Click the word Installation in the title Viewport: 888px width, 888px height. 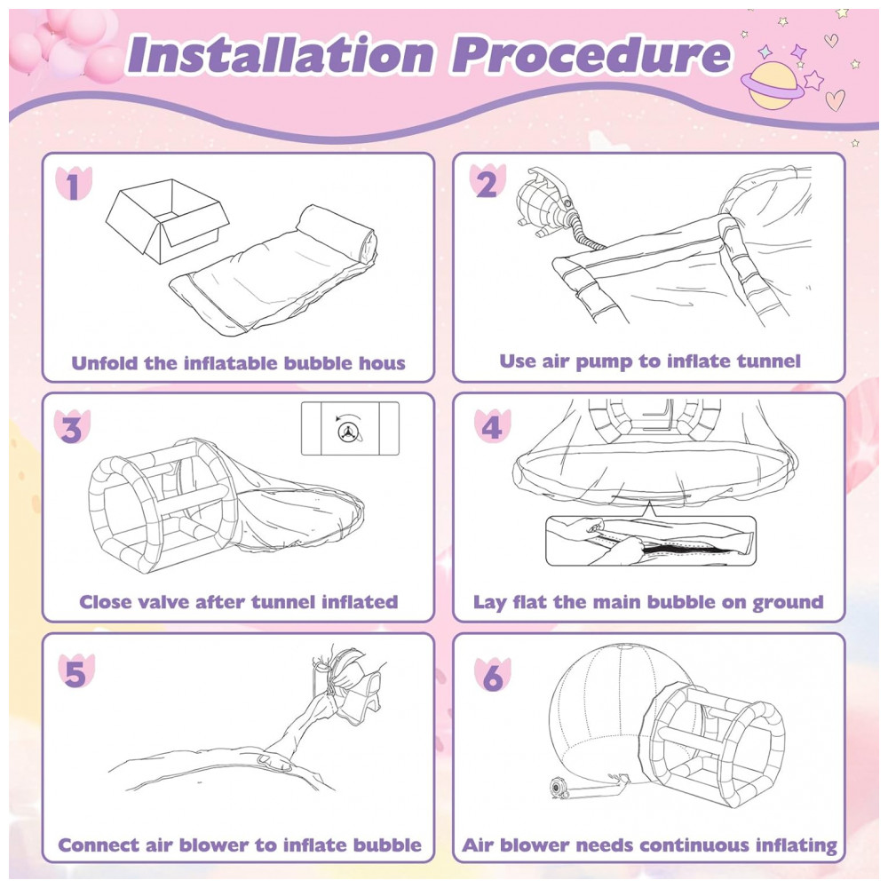(x=282, y=54)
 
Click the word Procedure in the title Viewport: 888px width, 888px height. (x=591, y=54)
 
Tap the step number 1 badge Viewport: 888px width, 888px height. (x=74, y=184)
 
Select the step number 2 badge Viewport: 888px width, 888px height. (x=488, y=182)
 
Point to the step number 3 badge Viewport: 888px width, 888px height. (x=72, y=428)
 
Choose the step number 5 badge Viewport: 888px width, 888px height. (x=76, y=672)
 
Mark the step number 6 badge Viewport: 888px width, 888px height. (x=492, y=675)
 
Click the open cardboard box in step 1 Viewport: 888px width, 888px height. (x=168, y=221)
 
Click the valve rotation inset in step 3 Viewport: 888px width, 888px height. (x=350, y=428)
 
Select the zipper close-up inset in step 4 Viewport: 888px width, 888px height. (x=651, y=541)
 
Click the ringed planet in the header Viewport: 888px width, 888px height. (x=772, y=86)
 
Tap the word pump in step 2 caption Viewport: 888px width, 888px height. (x=604, y=362)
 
